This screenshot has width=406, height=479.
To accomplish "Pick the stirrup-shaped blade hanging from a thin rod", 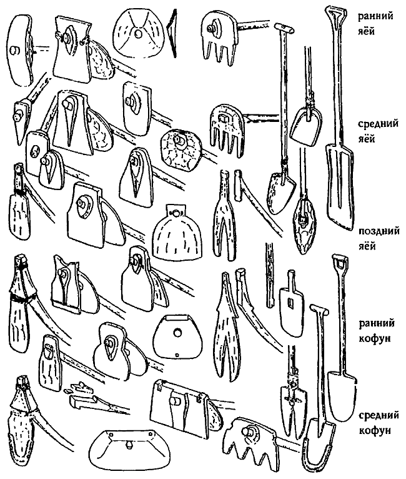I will tap(304, 125).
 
